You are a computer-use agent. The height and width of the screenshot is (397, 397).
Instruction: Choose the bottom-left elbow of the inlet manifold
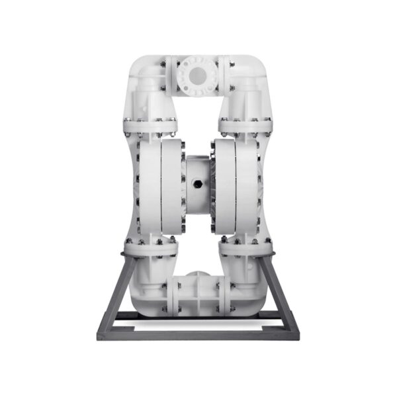[147, 291]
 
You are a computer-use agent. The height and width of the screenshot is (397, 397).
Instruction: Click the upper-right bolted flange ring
[246, 122]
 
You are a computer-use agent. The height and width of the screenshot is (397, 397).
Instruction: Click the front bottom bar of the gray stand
[198, 334]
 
